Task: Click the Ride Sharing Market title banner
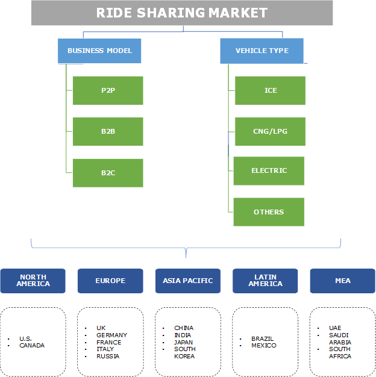[x=182, y=13]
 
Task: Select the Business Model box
[x=99, y=51]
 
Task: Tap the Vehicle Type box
[x=262, y=51]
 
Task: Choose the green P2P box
[x=108, y=90]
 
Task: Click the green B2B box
[x=108, y=131]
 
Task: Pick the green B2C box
[x=108, y=173]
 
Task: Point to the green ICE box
[x=270, y=90]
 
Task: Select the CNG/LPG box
[x=270, y=131]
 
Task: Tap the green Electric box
[x=269, y=170]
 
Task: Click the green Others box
[x=269, y=212]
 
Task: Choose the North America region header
[x=33, y=281]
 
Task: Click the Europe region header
[x=110, y=281]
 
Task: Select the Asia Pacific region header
[x=188, y=281]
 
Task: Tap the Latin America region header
[x=265, y=281]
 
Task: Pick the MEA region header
[x=342, y=281]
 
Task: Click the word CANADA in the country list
[x=31, y=346]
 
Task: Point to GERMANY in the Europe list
[x=111, y=335]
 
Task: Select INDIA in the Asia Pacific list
[x=183, y=335]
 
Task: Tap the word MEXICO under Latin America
[x=264, y=346]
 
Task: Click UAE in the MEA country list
[x=335, y=328]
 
